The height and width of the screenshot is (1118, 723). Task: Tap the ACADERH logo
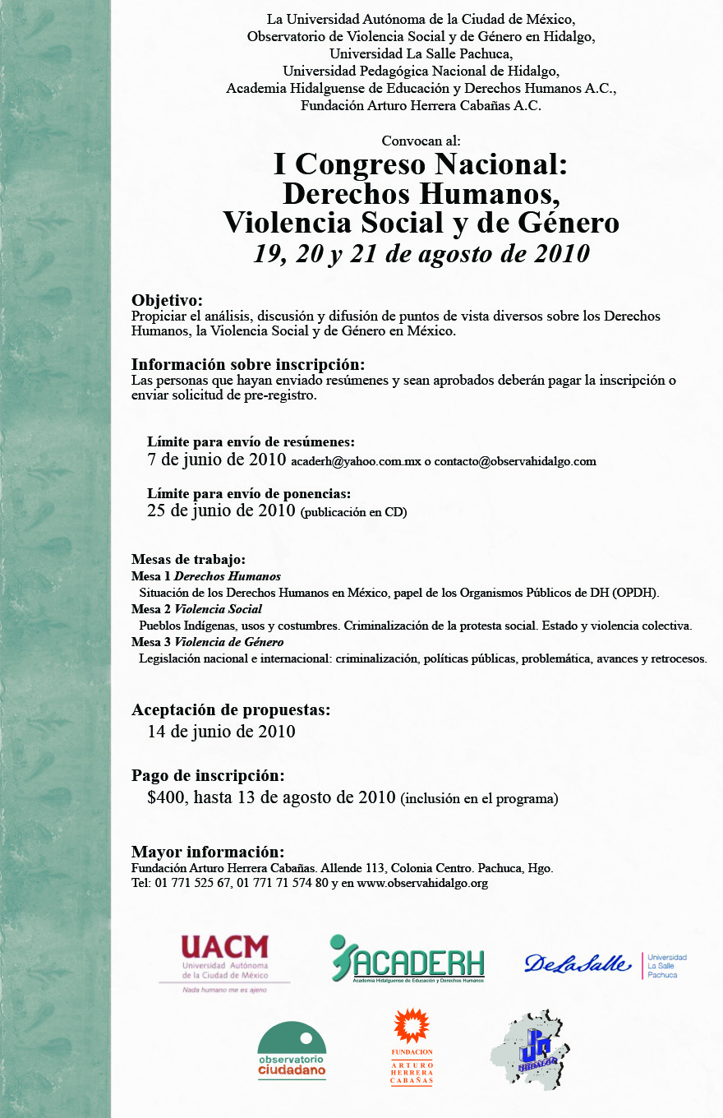407,959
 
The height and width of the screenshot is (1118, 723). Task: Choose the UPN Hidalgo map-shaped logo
531,1049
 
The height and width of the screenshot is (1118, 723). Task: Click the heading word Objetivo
167,300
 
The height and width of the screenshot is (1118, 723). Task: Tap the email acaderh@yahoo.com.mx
355,462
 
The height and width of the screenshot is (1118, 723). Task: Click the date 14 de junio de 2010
221,732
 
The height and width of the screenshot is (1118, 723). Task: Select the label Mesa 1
150,576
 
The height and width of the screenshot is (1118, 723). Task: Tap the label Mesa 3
150,642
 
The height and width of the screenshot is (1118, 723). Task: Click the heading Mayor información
208,852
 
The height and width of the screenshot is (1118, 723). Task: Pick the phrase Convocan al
421,141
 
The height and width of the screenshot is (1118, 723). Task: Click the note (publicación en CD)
353,512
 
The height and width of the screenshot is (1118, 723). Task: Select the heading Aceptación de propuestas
231,709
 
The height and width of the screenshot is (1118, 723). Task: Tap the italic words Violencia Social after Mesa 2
219,609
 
